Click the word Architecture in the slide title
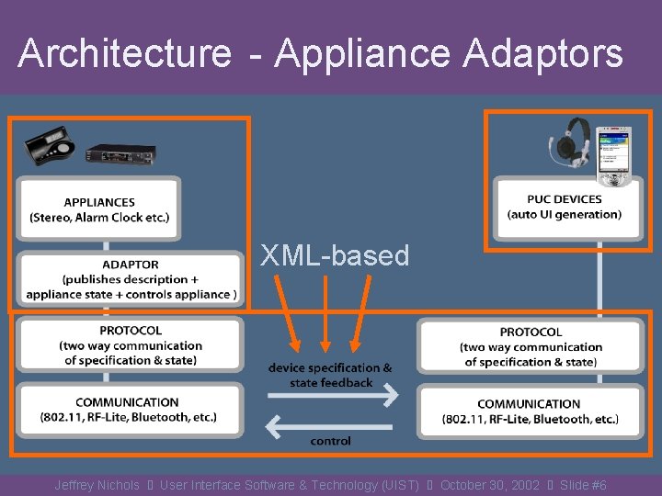coord(124,53)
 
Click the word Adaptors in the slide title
coord(542,53)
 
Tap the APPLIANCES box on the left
coord(99,209)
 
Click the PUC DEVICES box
coord(564,207)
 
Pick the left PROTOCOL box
coord(131,345)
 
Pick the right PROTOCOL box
coord(531,347)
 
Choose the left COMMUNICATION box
coord(128,410)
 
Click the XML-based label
coord(335,255)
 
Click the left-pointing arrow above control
coord(329,423)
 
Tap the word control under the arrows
coord(330,442)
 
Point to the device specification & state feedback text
coord(330,375)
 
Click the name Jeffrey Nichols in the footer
coord(97,485)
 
